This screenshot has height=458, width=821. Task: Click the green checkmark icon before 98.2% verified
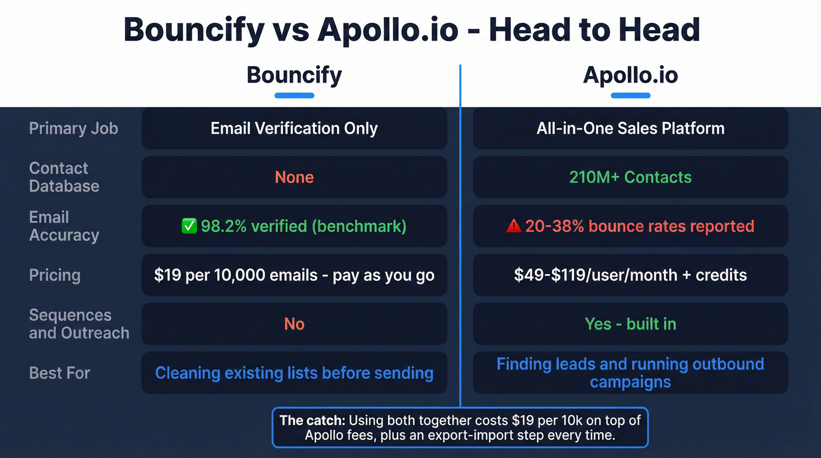[189, 226]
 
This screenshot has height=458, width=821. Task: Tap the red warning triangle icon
[514, 226]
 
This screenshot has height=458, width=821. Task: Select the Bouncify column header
[294, 75]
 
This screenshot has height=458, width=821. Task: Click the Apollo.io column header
[630, 75]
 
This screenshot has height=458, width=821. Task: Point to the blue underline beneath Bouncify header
[294, 95]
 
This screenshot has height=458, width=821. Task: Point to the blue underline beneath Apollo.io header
[630, 95]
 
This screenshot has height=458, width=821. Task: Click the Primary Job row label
[73, 128]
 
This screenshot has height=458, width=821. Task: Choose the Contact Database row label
[64, 177]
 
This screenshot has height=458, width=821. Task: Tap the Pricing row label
[55, 275]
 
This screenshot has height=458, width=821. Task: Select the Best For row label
[59, 373]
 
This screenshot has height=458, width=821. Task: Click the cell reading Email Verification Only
[294, 128]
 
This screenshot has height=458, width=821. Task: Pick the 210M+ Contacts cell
[630, 177]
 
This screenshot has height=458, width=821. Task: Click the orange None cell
[294, 177]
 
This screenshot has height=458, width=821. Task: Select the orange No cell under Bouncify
[294, 324]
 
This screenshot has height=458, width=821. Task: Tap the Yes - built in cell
[630, 324]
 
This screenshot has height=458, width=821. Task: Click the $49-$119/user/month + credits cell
[630, 275]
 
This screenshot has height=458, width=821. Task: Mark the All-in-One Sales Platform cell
[630, 128]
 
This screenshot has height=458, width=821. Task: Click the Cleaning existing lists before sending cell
[294, 373]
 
